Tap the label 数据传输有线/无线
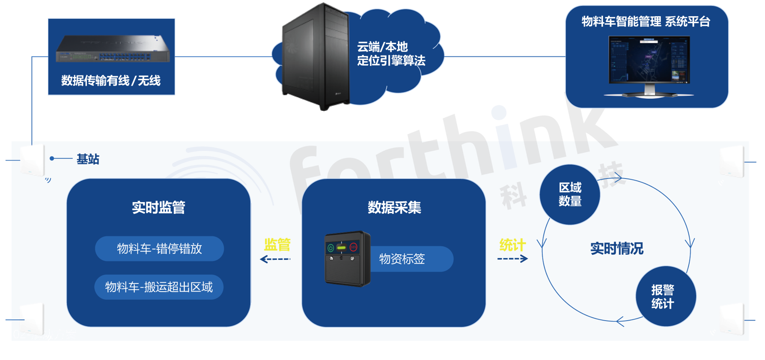[111, 80]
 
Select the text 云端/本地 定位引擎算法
[391, 54]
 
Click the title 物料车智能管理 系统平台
[646, 21]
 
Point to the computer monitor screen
[649, 60]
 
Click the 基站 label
[88, 159]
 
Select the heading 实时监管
[158, 208]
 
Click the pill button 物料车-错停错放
[159, 249]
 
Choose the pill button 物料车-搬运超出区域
[159, 287]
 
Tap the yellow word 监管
[277, 245]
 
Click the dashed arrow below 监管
[275, 259]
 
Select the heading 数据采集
[394, 208]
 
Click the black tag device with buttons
[347, 259]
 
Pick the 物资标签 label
[402, 259]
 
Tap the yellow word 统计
[512, 245]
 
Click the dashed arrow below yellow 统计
[512, 259]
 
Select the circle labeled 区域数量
[570, 194]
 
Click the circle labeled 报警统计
[666, 296]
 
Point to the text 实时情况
[616, 249]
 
